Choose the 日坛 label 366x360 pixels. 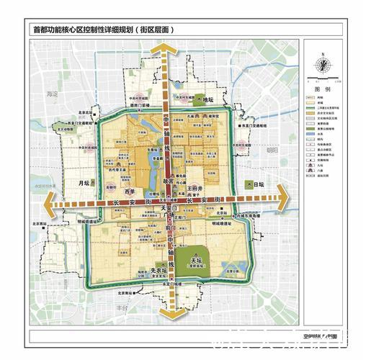(262, 185)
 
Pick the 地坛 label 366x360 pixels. (208, 100)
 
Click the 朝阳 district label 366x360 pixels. (271, 150)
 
